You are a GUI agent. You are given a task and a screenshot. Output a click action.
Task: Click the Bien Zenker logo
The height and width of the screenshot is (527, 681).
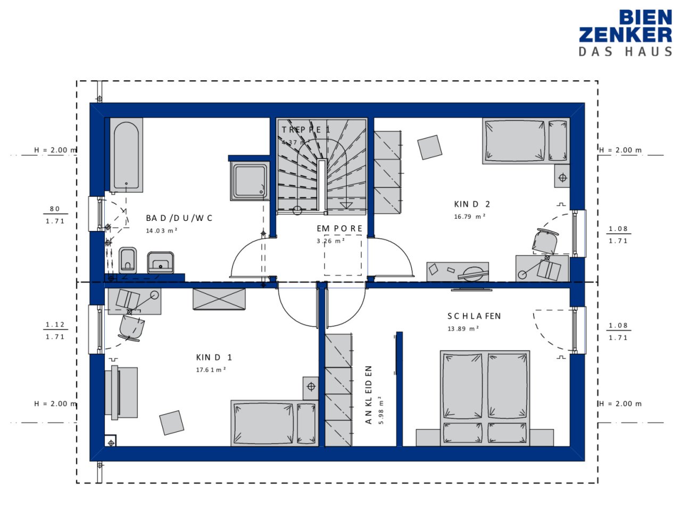(625, 33)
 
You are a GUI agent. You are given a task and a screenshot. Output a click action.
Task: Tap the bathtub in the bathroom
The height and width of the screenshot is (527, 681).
(126, 155)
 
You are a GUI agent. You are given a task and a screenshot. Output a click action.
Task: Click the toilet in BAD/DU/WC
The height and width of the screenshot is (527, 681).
(128, 260)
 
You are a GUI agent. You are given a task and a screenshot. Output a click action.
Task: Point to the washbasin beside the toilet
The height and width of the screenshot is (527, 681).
(160, 262)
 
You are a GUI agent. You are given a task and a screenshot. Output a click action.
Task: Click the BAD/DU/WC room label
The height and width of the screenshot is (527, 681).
(179, 218)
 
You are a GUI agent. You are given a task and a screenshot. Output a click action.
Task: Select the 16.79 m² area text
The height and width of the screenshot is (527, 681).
(469, 217)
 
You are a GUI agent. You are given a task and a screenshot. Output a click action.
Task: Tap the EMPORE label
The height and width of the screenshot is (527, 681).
(339, 228)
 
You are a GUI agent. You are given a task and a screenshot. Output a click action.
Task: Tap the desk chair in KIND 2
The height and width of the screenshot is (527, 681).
(546, 242)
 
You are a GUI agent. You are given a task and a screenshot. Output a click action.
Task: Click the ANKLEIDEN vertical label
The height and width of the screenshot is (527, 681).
(369, 394)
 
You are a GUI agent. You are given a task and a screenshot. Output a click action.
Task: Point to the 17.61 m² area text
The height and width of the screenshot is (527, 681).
(211, 370)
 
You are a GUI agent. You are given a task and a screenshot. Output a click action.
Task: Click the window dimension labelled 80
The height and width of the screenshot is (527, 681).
(55, 209)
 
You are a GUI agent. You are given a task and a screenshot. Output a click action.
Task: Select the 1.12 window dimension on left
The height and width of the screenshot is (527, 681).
(55, 324)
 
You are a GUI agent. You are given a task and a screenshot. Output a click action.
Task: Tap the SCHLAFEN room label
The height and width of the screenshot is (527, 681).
(474, 316)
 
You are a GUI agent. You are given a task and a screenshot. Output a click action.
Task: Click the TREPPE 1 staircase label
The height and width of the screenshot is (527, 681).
(306, 130)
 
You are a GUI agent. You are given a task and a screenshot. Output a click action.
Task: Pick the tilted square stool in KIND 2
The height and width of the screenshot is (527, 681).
(429, 147)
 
